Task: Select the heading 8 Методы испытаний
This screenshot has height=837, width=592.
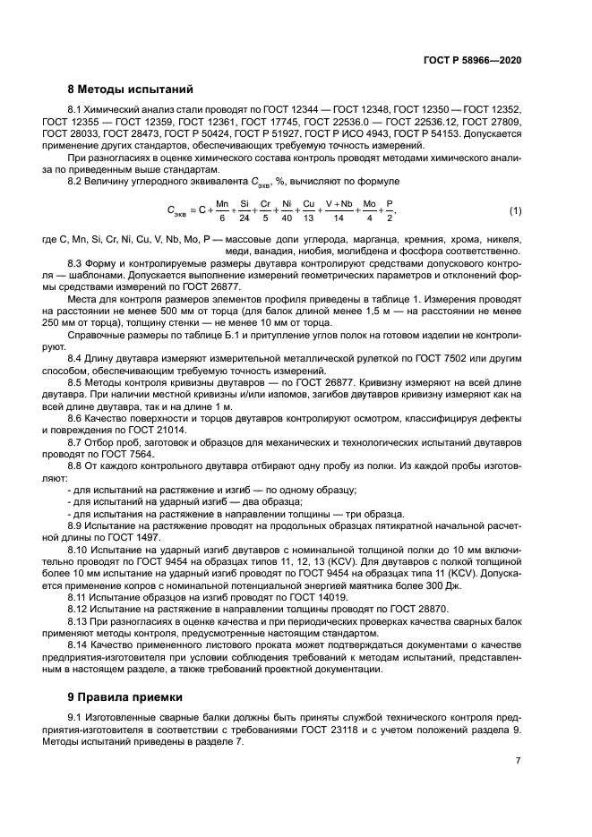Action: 130,89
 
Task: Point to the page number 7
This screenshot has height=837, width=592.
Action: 518,760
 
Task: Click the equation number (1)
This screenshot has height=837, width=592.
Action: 515,210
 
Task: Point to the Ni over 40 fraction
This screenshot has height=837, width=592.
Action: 286,210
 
